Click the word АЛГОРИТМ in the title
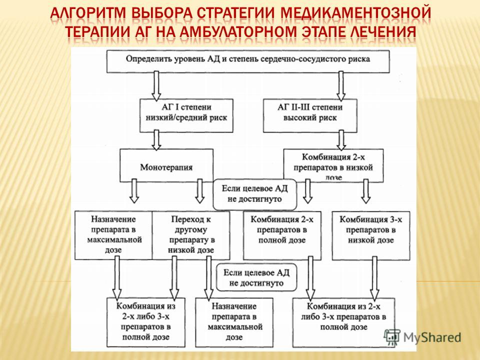click(87, 13)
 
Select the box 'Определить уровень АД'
click(248, 61)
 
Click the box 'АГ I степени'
click(186, 115)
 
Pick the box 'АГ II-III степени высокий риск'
click(310, 115)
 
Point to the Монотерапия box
click(166, 165)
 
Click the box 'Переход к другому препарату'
click(191, 235)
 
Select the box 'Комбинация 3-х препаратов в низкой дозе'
click(371, 235)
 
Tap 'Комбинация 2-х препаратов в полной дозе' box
click(282, 235)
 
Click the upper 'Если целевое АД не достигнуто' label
click(255, 194)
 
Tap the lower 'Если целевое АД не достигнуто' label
click(256, 277)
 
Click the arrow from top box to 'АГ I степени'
click(156, 85)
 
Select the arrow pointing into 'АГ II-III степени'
click(340, 85)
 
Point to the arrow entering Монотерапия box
click(156, 140)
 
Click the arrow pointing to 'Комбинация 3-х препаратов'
click(366, 191)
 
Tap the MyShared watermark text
click(432, 337)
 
